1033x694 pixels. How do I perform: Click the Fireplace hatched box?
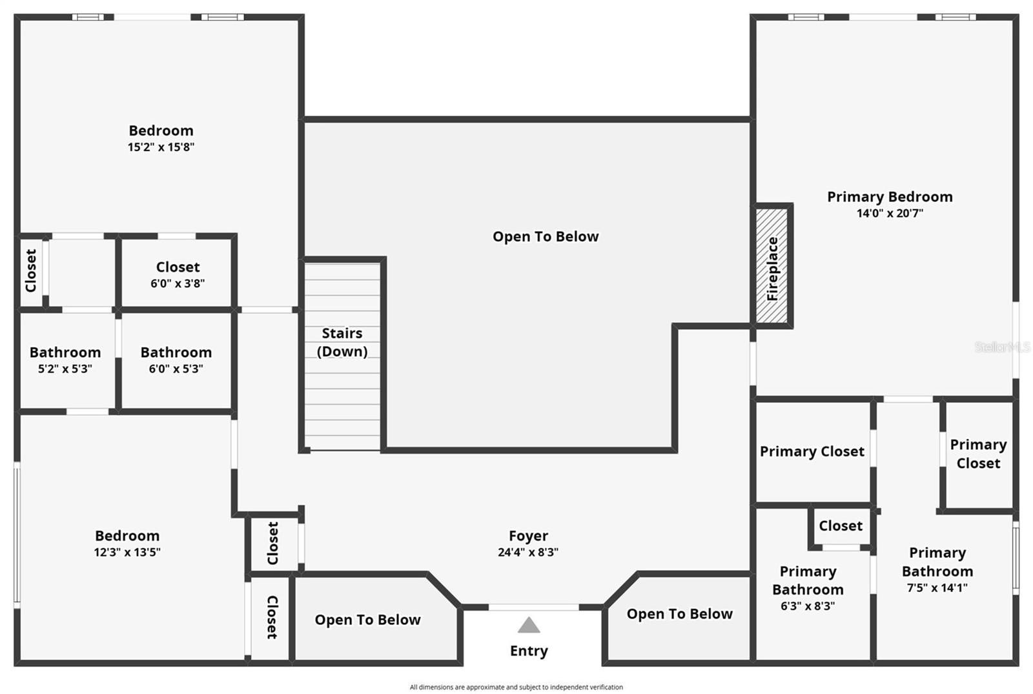pyautogui.click(x=772, y=266)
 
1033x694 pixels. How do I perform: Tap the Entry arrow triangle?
pyautogui.click(x=529, y=625)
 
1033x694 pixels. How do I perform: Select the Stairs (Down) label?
pyautogui.click(x=342, y=342)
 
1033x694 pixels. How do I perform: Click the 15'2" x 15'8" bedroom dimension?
pyautogui.click(x=161, y=147)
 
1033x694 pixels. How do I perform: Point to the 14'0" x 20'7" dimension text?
pyautogui.click(x=890, y=213)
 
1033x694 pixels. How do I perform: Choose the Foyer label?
pyautogui.click(x=528, y=536)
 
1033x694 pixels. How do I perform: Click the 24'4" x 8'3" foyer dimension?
pyautogui.click(x=528, y=552)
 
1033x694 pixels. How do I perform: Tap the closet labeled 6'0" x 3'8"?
pyautogui.click(x=178, y=274)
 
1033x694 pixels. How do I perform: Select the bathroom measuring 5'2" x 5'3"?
pyautogui.click(x=65, y=360)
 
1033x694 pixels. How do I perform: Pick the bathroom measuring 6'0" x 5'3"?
pyautogui.click(x=176, y=360)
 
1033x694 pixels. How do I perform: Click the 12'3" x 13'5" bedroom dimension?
pyautogui.click(x=127, y=552)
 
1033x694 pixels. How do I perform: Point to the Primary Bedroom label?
pyautogui.click(x=890, y=197)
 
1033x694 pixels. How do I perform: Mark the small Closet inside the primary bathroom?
pyautogui.click(x=841, y=526)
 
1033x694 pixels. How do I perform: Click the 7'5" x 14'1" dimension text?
pyautogui.click(x=937, y=587)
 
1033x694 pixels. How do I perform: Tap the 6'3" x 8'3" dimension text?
pyautogui.click(x=808, y=606)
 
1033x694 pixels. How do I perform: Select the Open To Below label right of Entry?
pyautogui.click(x=679, y=614)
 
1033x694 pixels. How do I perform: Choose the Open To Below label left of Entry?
pyautogui.click(x=367, y=620)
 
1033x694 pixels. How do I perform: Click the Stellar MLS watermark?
pyautogui.click(x=1002, y=347)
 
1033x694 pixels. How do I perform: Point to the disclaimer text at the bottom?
pyautogui.click(x=516, y=687)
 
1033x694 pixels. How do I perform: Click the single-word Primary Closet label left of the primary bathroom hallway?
pyautogui.click(x=812, y=451)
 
